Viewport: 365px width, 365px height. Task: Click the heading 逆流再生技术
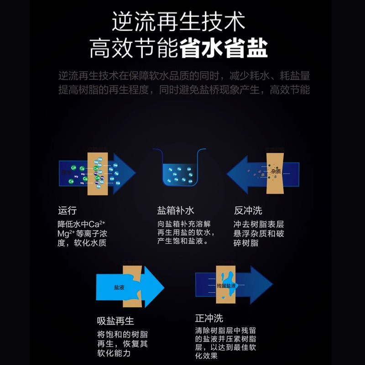(x=179, y=21)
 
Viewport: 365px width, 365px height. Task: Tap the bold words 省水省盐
(x=224, y=48)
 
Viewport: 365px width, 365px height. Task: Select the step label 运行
(x=67, y=210)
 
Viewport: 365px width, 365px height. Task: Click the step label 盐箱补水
(x=176, y=210)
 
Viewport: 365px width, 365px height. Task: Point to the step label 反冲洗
(x=248, y=210)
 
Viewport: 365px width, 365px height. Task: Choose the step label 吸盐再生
(x=115, y=321)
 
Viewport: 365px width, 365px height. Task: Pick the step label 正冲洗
(x=209, y=318)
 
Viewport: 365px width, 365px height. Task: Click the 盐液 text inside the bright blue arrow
(x=119, y=288)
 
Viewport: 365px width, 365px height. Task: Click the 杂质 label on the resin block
(x=275, y=172)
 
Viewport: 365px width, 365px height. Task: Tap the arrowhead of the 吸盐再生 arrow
(x=154, y=287)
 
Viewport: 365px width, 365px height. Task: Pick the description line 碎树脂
(x=245, y=243)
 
